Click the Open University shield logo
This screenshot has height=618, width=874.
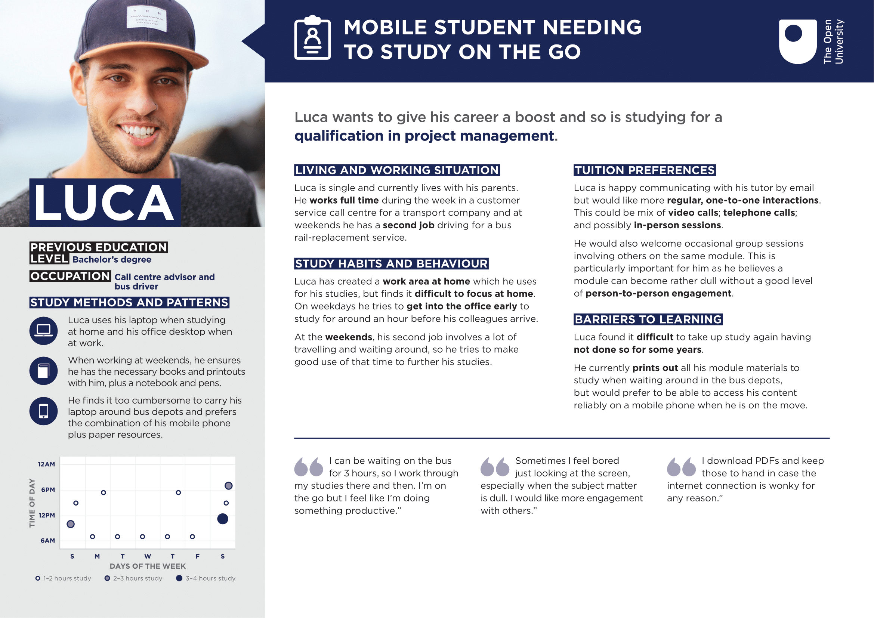[797, 41]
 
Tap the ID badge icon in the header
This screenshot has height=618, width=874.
[312, 38]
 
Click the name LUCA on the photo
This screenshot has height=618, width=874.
[105, 203]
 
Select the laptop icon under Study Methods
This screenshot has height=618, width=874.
[43, 331]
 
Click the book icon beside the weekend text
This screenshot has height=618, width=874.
[43, 371]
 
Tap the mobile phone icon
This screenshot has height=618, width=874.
[43, 411]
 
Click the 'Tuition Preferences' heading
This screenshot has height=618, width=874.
[645, 170]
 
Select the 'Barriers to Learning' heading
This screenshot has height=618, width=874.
[648, 319]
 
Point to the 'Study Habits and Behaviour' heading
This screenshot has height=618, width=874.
[391, 263]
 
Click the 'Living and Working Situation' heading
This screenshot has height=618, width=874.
[397, 170]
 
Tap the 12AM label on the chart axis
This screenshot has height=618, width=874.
[46, 464]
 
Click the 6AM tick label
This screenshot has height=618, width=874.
[47, 541]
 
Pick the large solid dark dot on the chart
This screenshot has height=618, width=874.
[223, 519]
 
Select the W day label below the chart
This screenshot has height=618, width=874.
[148, 556]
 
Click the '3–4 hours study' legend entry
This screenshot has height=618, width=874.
[206, 578]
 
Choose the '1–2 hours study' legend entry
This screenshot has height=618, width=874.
[63, 578]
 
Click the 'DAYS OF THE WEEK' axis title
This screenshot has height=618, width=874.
[148, 566]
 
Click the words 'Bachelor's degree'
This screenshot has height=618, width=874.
[112, 260]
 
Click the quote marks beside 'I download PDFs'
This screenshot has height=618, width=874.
[681, 467]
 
